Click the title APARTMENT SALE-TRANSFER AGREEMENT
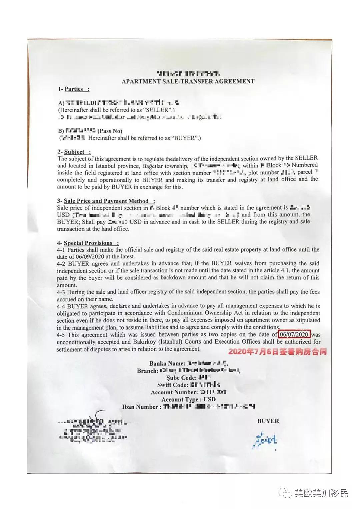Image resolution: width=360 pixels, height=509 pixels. (x=188, y=81)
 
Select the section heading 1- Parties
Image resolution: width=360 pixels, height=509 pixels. (x=74, y=89)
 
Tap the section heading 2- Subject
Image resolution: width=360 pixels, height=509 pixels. (x=74, y=152)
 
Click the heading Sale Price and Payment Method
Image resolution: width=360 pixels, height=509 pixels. (x=106, y=201)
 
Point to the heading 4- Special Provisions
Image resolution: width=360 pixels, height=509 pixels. (x=88, y=243)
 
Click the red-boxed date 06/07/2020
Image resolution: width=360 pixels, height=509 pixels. (x=294, y=334)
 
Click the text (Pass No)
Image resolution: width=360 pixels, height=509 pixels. (x=110, y=131)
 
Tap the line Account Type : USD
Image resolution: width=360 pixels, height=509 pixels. (x=188, y=399)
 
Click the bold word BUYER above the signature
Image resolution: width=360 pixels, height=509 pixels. (x=268, y=421)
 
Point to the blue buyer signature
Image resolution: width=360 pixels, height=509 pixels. (x=265, y=441)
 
